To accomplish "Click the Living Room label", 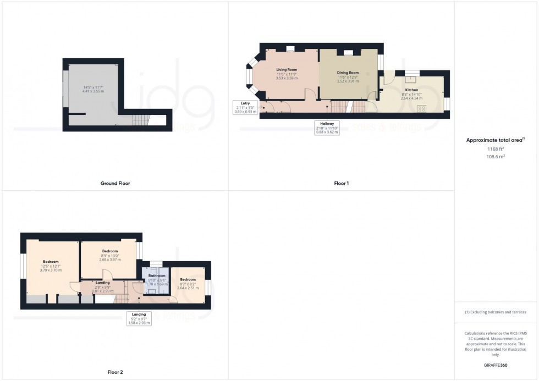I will tap(287, 70).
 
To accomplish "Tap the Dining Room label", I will tap(348, 73).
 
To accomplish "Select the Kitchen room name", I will tap(411, 90).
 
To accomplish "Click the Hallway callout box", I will tap(327, 128).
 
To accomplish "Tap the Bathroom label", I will tap(157, 276).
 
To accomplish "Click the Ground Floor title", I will tap(116, 183).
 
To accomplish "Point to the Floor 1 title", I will tap(341, 183).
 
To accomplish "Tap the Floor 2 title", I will tap(116, 372).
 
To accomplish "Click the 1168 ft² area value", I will tap(496, 149).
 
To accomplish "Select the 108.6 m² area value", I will tap(496, 156).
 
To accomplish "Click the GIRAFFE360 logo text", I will tap(496, 364).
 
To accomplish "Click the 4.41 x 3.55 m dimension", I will tap(92, 91).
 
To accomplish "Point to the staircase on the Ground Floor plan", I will tap(141, 119).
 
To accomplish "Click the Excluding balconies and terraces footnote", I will tap(496, 312).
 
